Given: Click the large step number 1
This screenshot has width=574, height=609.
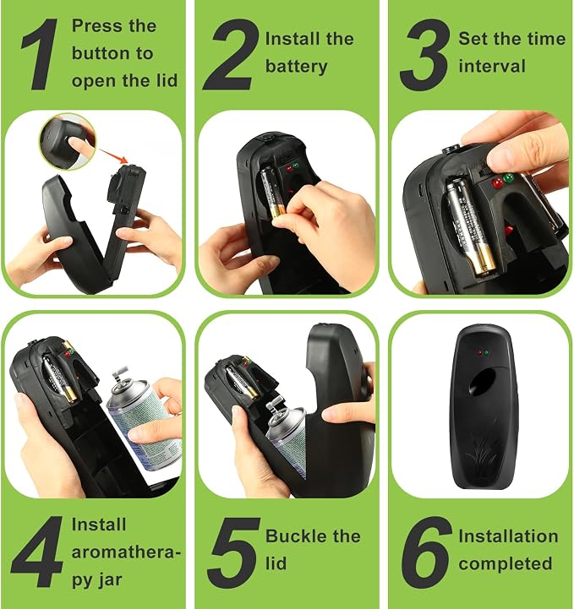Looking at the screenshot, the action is coord(39,54).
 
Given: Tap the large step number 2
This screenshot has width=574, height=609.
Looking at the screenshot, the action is coord(231,54).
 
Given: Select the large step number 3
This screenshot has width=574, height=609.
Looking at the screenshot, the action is coord(425,55).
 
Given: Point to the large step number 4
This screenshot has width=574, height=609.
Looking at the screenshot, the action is coord(37,552).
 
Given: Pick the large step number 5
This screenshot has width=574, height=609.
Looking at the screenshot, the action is coord(233,552).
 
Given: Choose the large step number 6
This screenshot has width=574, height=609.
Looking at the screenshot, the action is coord(426,552).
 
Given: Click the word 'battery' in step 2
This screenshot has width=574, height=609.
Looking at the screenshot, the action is coord(297,67).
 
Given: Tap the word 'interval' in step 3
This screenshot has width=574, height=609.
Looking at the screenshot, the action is coord(492,66).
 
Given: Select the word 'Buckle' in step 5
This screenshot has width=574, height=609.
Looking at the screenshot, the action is coord(295,536).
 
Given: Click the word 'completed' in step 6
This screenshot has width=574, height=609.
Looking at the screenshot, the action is coord(506,564).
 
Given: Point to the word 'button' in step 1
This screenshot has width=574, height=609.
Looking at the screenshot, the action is coord(98,53).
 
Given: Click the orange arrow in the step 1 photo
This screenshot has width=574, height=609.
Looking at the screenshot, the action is coord(113,155).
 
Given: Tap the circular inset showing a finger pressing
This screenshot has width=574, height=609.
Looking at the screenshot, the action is coord(68,141).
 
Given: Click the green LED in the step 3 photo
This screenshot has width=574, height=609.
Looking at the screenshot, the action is coord(508,179).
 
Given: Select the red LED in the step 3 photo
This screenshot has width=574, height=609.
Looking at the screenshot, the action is coord(497,182).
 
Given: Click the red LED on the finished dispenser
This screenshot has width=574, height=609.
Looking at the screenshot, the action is coord(479,353).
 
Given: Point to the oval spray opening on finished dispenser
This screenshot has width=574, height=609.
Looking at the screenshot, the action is coord(482,381).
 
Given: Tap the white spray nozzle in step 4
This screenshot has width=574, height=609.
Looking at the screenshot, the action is coord(119,373).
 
